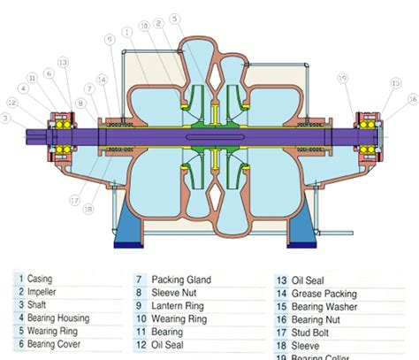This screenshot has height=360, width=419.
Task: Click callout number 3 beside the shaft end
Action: pyautogui.click(x=6, y=118)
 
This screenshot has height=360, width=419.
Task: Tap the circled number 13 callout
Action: pyautogui.click(x=62, y=61)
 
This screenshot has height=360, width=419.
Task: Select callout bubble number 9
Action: pyautogui.click(x=109, y=39)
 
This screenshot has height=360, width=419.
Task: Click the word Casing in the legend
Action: pyautogui.click(x=41, y=279)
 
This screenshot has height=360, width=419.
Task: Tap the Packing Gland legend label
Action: pyautogui.click(x=181, y=280)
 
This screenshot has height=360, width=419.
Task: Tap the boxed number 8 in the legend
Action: pyautogui.click(x=139, y=293)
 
